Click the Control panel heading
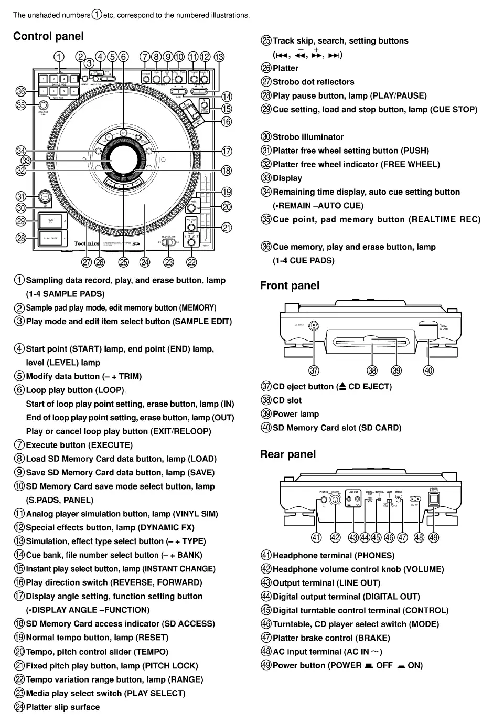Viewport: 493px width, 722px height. pyautogui.click(x=48, y=36)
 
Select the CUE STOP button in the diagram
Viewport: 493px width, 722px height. pyautogui.click(x=50, y=220)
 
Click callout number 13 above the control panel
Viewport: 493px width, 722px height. pyautogui.click(x=219, y=57)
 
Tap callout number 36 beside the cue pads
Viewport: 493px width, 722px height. pyautogui.click(x=20, y=91)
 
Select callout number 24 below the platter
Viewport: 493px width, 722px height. pyautogui.click(x=145, y=262)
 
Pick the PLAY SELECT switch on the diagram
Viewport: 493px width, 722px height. pyautogui.click(x=168, y=242)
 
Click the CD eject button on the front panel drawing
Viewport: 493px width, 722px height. pyautogui.click(x=314, y=325)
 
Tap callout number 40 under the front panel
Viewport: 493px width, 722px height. pyautogui.click(x=428, y=370)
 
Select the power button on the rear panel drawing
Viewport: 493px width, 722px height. pyautogui.click(x=434, y=500)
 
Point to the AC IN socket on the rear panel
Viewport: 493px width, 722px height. pyautogui.click(x=415, y=499)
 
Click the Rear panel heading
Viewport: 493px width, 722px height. pyautogui.click(x=288, y=454)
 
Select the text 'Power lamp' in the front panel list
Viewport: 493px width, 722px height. pyautogui.click(x=296, y=414)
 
